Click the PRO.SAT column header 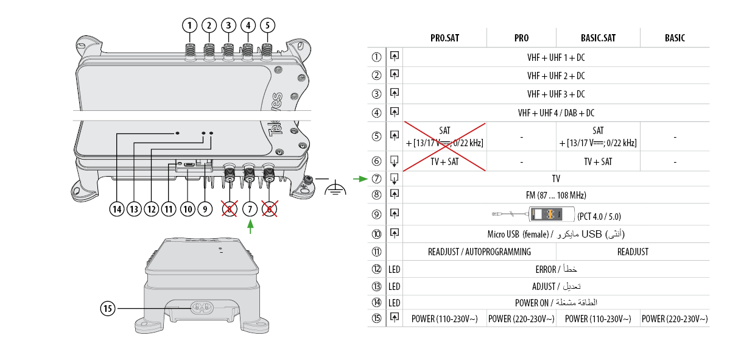click(444, 38)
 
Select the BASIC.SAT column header click(598, 38)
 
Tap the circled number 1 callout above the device click(191, 25)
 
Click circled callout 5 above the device click(267, 25)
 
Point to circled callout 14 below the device click(117, 209)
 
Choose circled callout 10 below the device click(188, 209)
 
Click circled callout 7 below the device click(250, 209)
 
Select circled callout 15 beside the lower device click(108, 308)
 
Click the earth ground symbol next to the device click(334, 189)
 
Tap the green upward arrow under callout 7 click(250, 226)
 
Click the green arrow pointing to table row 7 click(360, 179)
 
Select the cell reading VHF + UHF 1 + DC click(556, 57)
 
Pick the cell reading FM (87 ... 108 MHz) click(556, 196)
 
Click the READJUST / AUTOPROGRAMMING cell click(479, 252)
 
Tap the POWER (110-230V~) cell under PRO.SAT click(444, 319)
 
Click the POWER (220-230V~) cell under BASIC click(675, 319)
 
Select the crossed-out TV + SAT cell click(444, 161)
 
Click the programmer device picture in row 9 click(551, 214)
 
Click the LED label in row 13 click(395, 286)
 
